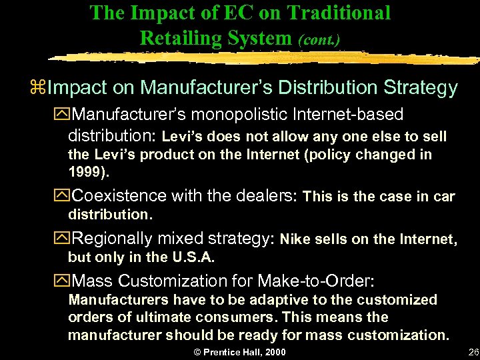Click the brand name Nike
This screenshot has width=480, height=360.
tap(295, 239)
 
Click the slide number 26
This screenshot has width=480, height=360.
tap(473, 351)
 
